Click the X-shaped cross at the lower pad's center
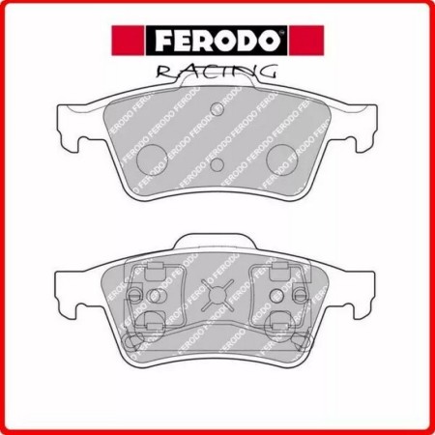(x=217, y=292)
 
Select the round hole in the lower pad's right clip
(x=278, y=293)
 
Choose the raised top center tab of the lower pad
(x=217, y=242)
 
